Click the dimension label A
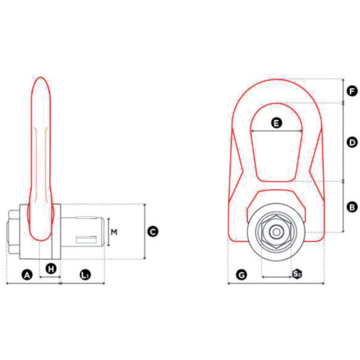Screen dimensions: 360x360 [27, 275]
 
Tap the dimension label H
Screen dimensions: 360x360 [51, 269]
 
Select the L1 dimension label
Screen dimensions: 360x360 [85, 275]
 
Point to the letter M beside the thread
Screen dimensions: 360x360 [114, 232]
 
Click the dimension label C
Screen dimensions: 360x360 [153, 232]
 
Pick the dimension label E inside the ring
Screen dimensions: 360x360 [276, 123]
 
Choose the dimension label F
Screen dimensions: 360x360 [352, 91]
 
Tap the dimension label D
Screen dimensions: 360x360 [352, 143]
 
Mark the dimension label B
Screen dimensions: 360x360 [352, 207]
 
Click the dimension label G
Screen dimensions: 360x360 [242, 275]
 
